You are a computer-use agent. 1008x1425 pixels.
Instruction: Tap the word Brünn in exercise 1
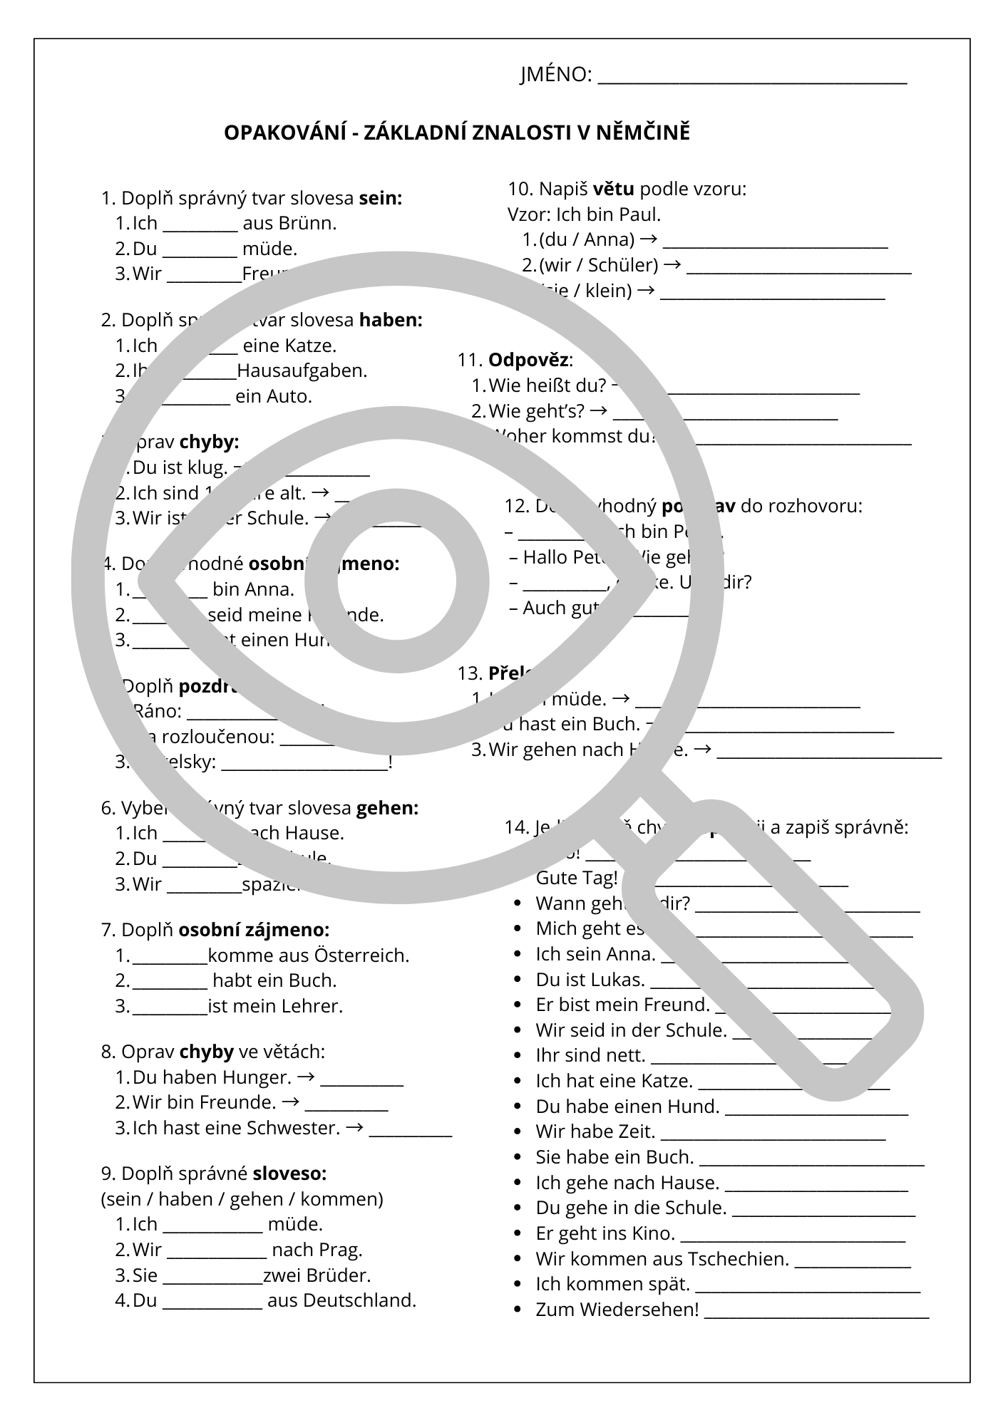point(307,224)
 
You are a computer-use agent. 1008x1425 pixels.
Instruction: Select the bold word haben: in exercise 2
point(391,321)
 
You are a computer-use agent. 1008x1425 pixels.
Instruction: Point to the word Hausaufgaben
point(301,371)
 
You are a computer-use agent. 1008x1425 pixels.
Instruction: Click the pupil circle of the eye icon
point(397,581)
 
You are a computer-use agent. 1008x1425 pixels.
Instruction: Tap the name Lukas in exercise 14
point(618,980)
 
